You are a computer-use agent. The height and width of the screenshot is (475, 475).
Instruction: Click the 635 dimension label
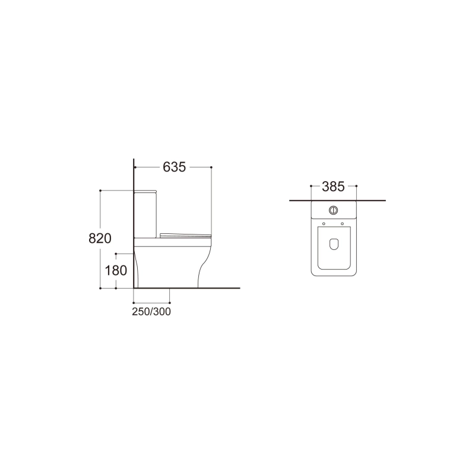tap(174, 167)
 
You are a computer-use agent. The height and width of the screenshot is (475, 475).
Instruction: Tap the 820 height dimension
tap(100, 239)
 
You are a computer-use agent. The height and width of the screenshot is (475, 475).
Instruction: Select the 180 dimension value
tap(116, 271)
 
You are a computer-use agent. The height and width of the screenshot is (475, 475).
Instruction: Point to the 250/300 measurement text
tap(151, 311)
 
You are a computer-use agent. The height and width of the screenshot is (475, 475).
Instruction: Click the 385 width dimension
tap(333, 186)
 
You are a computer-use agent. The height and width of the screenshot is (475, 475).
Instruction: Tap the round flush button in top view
tap(334, 210)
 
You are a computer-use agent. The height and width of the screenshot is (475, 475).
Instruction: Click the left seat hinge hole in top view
tap(324, 224)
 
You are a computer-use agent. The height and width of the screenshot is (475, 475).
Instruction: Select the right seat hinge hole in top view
tap(343, 224)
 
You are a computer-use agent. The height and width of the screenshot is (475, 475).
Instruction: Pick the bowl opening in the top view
tap(334, 243)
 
